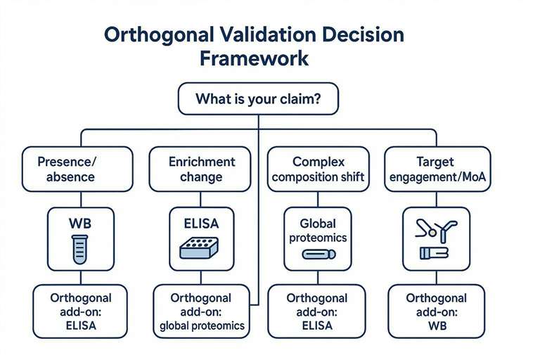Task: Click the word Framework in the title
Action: (x=254, y=57)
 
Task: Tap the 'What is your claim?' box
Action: (x=258, y=100)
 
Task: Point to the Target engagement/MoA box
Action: (x=437, y=168)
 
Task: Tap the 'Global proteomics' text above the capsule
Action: (x=317, y=231)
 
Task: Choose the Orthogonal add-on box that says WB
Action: (x=437, y=311)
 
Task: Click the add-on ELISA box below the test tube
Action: (x=81, y=311)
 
